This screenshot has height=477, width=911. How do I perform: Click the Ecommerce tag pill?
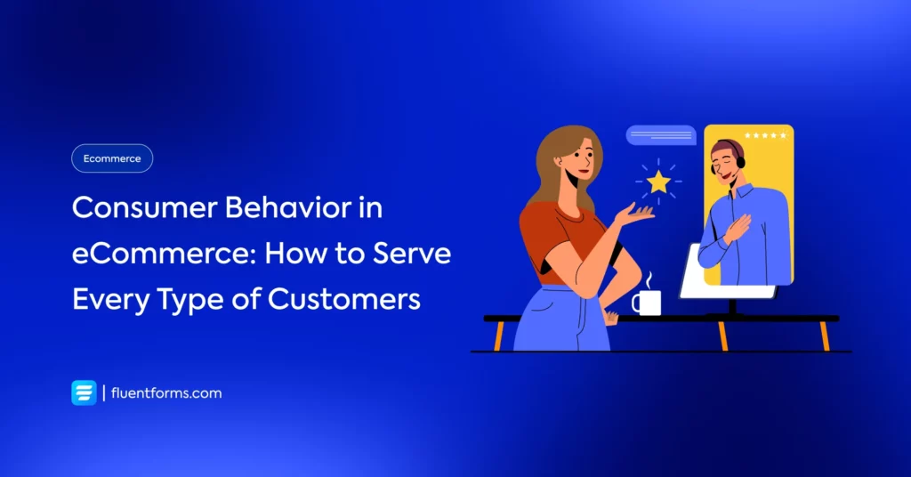pyautogui.click(x=112, y=158)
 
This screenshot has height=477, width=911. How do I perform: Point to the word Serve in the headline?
pyautogui.click(x=412, y=254)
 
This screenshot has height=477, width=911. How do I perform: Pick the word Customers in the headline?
pyautogui.click(x=344, y=299)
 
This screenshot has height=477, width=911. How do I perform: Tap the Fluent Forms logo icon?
pyautogui.click(x=85, y=392)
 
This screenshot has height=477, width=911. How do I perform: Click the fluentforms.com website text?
pyautogui.click(x=166, y=392)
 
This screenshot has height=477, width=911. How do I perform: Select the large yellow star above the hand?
pyautogui.click(x=659, y=182)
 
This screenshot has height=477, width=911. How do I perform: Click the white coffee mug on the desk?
pyautogui.click(x=648, y=302)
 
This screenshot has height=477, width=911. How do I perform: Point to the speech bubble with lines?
pyautogui.click(x=661, y=135)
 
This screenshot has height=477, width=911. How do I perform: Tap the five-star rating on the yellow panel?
pyautogui.click(x=765, y=135)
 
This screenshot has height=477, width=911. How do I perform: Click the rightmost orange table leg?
pyautogui.click(x=825, y=336)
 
